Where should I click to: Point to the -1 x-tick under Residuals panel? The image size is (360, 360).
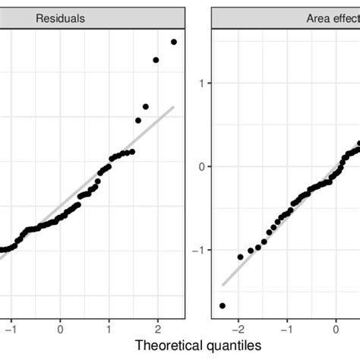pos(10,330)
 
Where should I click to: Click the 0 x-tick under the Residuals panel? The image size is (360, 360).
pos(60,330)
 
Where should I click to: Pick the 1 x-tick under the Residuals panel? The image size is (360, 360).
pos(109,330)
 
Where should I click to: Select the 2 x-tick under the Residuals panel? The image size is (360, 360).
pos(157,330)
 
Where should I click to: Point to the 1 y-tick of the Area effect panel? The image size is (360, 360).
pos(203,83)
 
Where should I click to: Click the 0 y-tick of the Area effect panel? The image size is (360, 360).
pos(203,166)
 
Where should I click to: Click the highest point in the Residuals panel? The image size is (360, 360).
pos(174,42)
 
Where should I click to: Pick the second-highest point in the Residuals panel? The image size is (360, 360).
pos(156,60)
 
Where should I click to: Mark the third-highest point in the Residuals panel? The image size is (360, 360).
pos(145,107)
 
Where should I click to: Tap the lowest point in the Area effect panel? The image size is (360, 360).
pos(223,305)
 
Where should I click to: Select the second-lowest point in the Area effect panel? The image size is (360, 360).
pos(240,257)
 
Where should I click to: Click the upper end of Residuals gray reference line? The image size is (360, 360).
pos(174,106)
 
